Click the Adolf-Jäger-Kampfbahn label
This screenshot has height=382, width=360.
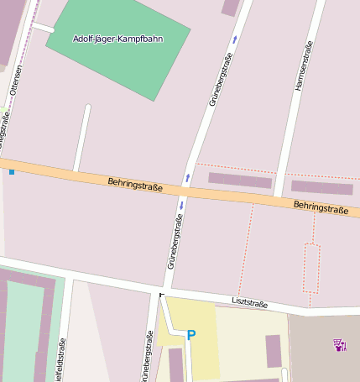pyautogui.click(x=118, y=39)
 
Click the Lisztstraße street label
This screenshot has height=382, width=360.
pyautogui.click(x=249, y=303)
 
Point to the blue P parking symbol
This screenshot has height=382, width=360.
pyautogui.click(x=191, y=335)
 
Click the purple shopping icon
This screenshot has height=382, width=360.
pyautogui.click(x=340, y=345)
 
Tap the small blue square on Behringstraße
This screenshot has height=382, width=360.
pyautogui.click(x=12, y=171)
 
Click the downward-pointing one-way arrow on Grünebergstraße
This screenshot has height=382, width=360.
pyautogui.click(x=180, y=205)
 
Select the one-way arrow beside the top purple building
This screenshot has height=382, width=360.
pyautogui.click(x=234, y=39)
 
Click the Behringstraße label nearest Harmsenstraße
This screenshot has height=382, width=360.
pyautogui.click(x=321, y=207)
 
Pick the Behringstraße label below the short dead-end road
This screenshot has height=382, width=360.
pyautogui.click(x=135, y=183)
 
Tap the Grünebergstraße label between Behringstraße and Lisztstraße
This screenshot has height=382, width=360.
pyautogui.click(x=175, y=240)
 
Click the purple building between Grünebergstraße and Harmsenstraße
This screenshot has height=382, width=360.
pyautogui.click(x=240, y=181)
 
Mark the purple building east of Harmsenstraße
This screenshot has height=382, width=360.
pyautogui.click(x=321, y=187)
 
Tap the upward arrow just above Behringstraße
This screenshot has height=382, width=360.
pyautogui.click(x=187, y=178)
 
